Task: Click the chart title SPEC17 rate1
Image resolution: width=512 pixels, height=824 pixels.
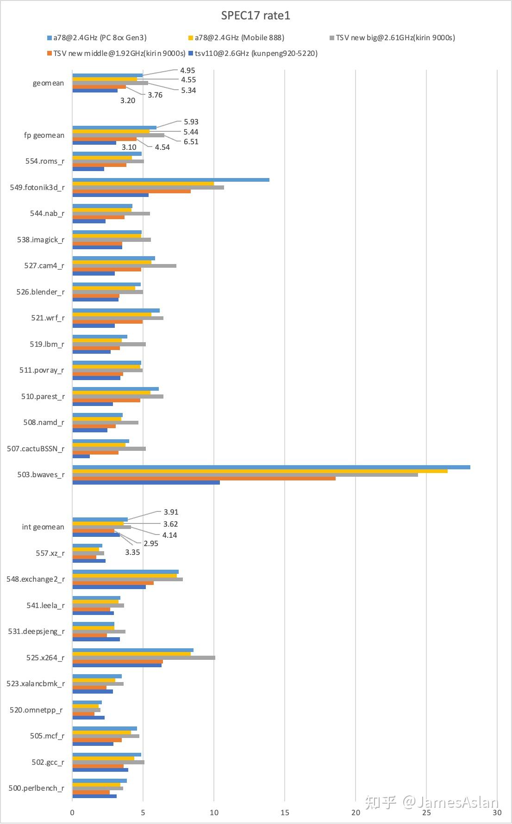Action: tap(256, 16)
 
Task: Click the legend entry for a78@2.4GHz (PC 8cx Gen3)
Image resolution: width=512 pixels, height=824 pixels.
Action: tap(99, 38)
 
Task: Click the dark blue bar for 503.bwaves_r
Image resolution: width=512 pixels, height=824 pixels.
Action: tap(146, 482)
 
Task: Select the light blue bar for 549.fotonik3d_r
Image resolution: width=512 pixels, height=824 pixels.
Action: tap(171, 180)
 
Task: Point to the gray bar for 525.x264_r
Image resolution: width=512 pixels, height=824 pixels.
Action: tap(144, 658)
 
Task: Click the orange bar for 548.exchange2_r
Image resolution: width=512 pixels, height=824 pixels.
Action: tap(113, 583)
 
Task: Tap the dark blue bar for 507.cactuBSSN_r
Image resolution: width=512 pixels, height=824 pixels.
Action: tap(81, 456)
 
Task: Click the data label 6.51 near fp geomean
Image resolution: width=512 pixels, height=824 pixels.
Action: tap(191, 142)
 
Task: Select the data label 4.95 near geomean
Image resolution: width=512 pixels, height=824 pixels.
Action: tap(187, 71)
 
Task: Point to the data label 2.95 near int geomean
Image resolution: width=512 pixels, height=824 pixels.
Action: tap(151, 543)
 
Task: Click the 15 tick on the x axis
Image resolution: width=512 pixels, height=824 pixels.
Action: tap(285, 812)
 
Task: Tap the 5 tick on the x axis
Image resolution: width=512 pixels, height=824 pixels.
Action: tap(143, 812)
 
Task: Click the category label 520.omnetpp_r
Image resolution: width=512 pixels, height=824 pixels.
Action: tap(36, 710)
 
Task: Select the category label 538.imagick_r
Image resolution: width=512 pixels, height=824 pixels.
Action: tap(41, 240)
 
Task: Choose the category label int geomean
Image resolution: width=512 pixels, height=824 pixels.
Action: tap(43, 527)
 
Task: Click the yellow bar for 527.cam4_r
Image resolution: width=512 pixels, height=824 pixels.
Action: tap(112, 262)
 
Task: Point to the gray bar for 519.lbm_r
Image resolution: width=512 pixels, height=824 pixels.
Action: tap(109, 344)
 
